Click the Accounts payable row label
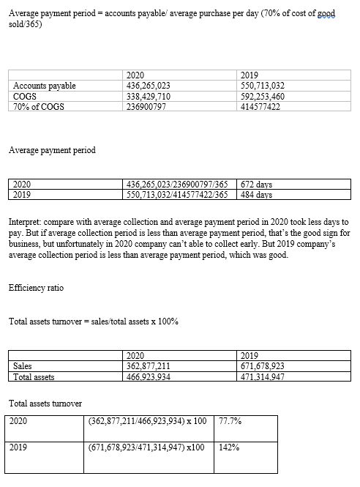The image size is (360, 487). pos(45,86)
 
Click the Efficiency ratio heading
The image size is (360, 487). pos(36,288)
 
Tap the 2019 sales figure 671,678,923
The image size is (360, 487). pos(263,367)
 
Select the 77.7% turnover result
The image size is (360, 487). pos(231,423)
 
